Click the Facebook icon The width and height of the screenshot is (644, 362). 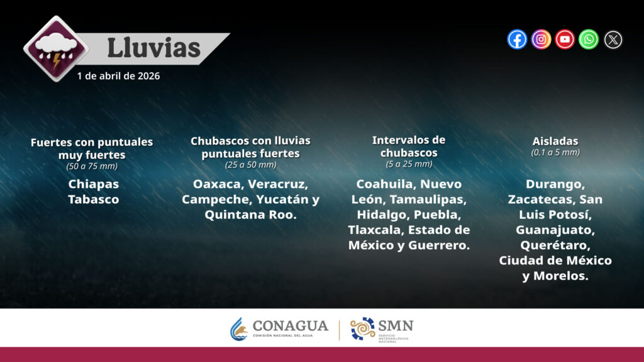[517, 40]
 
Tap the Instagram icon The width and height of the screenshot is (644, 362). [541, 40]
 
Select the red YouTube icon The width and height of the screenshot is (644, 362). [565, 40]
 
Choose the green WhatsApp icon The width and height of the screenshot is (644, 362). [589, 40]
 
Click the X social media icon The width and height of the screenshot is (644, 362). [613, 40]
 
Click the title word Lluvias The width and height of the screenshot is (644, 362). [153, 48]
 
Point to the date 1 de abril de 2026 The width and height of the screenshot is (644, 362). [118, 76]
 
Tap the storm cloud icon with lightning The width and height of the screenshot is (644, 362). [56, 49]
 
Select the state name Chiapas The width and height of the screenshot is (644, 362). [94, 184]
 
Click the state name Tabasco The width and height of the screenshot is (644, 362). [94, 199]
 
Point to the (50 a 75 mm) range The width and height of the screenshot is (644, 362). [92, 166]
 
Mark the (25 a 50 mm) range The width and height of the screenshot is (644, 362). [250, 165]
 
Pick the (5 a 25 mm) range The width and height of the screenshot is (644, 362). [409, 164]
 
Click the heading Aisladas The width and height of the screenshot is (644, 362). [555, 141]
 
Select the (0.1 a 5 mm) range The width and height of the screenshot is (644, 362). [555, 152]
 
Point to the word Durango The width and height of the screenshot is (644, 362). [555, 184]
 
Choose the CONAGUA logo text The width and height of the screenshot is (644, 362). [291, 326]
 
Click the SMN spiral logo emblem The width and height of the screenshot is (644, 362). [362, 329]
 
